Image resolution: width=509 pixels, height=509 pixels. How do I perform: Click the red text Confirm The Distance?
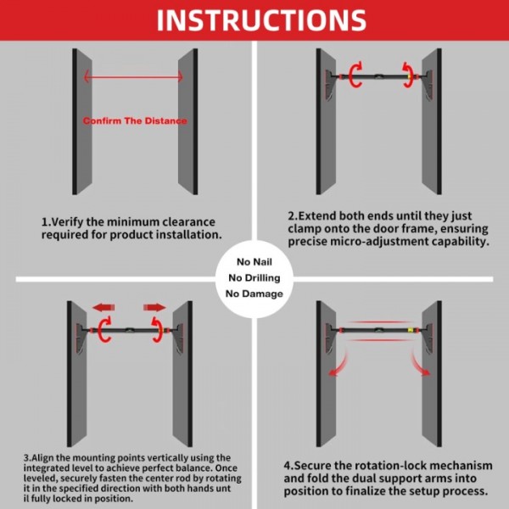[x=135, y=121]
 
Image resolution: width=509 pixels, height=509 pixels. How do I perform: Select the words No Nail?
[x=254, y=261]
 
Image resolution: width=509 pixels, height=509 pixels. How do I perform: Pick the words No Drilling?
[x=254, y=277]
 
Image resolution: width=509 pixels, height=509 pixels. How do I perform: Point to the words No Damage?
[x=254, y=294]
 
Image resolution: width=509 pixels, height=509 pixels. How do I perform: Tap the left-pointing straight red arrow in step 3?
[x=104, y=307]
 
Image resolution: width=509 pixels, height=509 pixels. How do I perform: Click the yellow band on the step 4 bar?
[x=412, y=330]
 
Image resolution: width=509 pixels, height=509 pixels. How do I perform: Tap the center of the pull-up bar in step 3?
[x=131, y=331]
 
